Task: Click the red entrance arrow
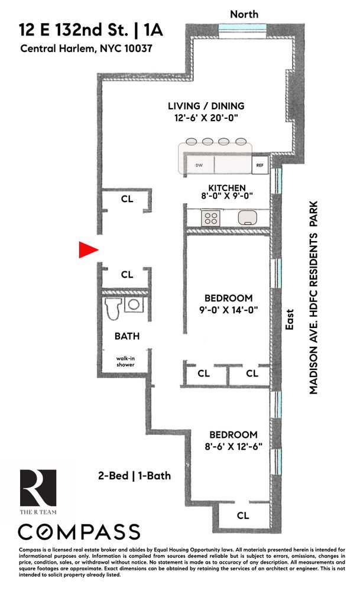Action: (88, 249)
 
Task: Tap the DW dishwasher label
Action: (199, 165)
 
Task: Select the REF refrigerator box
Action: (260, 165)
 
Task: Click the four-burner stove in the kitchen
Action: (210, 218)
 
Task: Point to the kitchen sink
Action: (247, 217)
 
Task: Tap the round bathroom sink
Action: (134, 304)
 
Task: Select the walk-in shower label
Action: (125, 362)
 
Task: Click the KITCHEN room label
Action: (227, 188)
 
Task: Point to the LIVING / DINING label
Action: (206, 106)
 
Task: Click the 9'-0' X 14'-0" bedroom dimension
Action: (228, 310)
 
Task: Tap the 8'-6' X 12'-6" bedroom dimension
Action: (233, 447)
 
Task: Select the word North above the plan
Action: (244, 14)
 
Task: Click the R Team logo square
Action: (38, 488)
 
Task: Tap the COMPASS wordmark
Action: (79, 532)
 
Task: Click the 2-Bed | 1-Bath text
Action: (135, 476)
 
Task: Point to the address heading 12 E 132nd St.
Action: (73, 30)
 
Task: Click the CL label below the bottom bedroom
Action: (243, 515)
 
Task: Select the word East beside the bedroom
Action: (290, 320)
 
